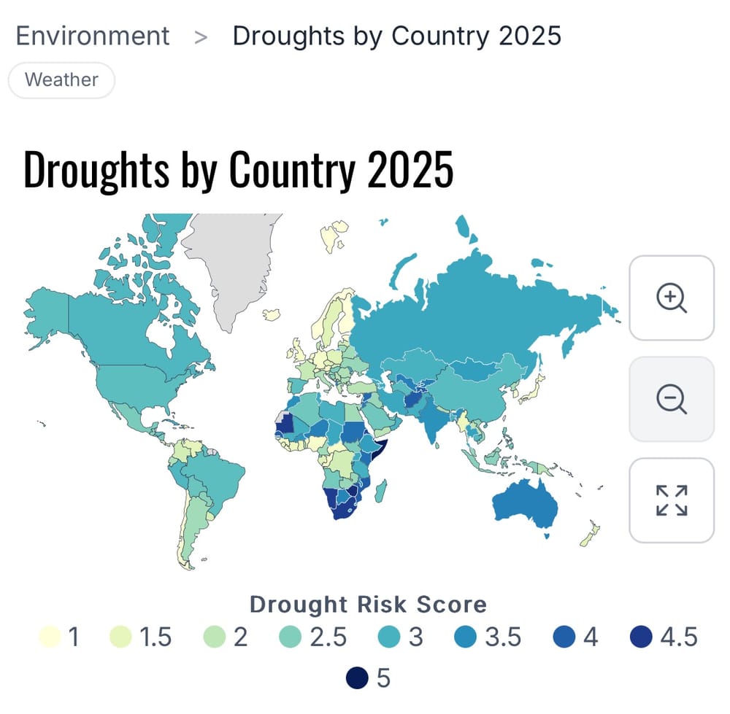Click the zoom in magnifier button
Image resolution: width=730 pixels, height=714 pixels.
[x=672, y=298]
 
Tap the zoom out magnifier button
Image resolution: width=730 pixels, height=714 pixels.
[x=672, y=399]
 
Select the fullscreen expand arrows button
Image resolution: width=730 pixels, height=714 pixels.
[x=672, y=500]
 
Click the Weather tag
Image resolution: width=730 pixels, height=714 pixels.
[x=61, y=79]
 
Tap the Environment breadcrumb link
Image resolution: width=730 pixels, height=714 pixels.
[x=93, y=36]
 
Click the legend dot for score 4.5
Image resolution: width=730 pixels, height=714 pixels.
[x=642, y=637]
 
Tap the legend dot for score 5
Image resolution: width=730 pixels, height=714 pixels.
[x=359, y=678]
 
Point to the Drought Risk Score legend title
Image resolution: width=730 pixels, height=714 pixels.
[x=368, y=604]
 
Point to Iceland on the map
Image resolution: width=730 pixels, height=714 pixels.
[x=273, y=314]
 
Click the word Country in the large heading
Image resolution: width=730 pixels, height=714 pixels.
[x=293, y=170]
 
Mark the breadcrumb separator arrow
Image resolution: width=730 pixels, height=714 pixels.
[x=201, y=36]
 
